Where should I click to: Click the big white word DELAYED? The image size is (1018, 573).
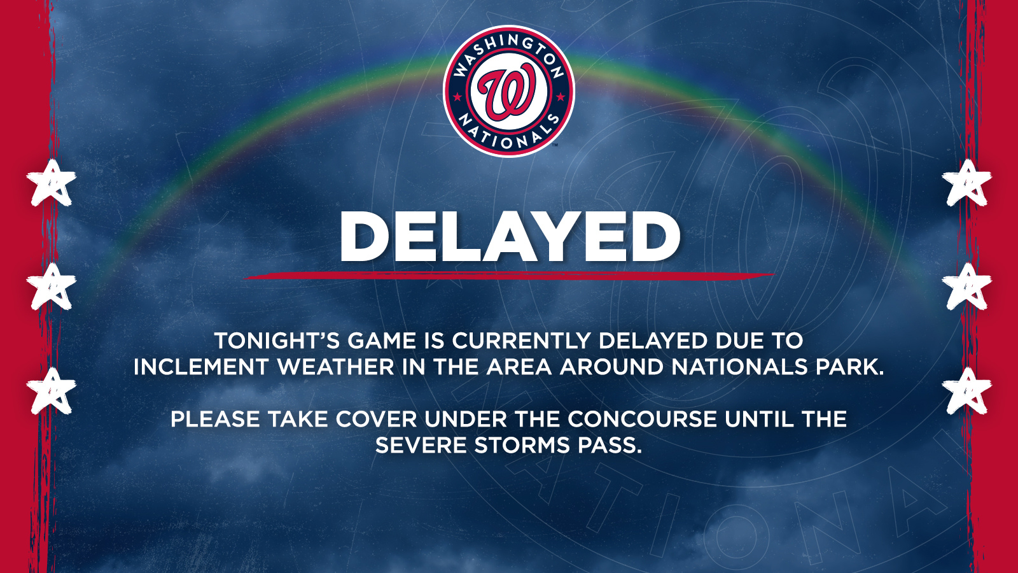[x=510, y=236]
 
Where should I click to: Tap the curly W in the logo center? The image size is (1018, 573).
[x=508, y=93]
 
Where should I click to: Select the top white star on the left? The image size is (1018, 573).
[x=52, y=183]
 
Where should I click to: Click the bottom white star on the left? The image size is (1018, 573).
[x=52, y=391]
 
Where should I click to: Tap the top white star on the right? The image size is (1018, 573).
[x=966, y=183]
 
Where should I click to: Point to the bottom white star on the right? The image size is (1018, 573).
[x=966, y=391]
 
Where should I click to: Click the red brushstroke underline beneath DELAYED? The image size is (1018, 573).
[x=509, y=276]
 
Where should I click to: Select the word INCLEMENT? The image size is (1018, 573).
[x=200, y=367]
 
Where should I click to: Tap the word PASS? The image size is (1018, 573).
[x=610, y=446]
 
